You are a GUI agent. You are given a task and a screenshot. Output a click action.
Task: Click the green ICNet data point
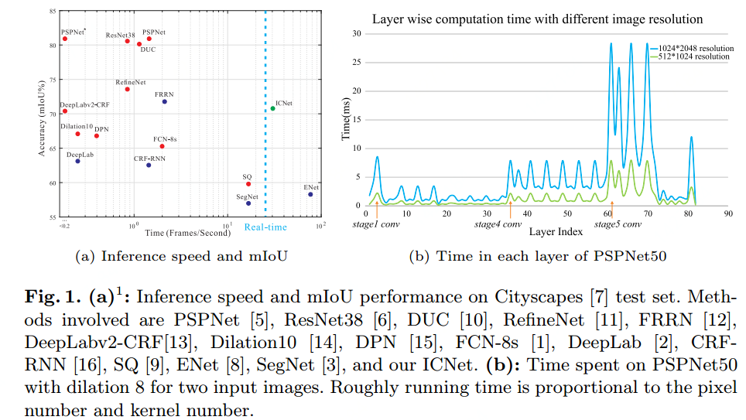272,108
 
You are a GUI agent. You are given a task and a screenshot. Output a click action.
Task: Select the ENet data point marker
310,194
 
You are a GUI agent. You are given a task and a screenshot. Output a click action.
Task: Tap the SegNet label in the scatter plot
247,196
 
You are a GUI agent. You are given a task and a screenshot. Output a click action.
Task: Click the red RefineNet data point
128,89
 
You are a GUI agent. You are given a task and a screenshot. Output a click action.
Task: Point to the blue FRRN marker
164,102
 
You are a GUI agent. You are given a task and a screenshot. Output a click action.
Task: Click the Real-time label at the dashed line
265,227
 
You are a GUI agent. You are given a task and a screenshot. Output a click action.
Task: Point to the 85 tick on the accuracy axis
51,12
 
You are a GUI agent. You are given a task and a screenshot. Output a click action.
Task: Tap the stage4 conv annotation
498,224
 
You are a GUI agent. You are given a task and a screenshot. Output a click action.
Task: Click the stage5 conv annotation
618,224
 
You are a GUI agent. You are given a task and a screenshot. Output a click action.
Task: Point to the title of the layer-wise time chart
537,19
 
